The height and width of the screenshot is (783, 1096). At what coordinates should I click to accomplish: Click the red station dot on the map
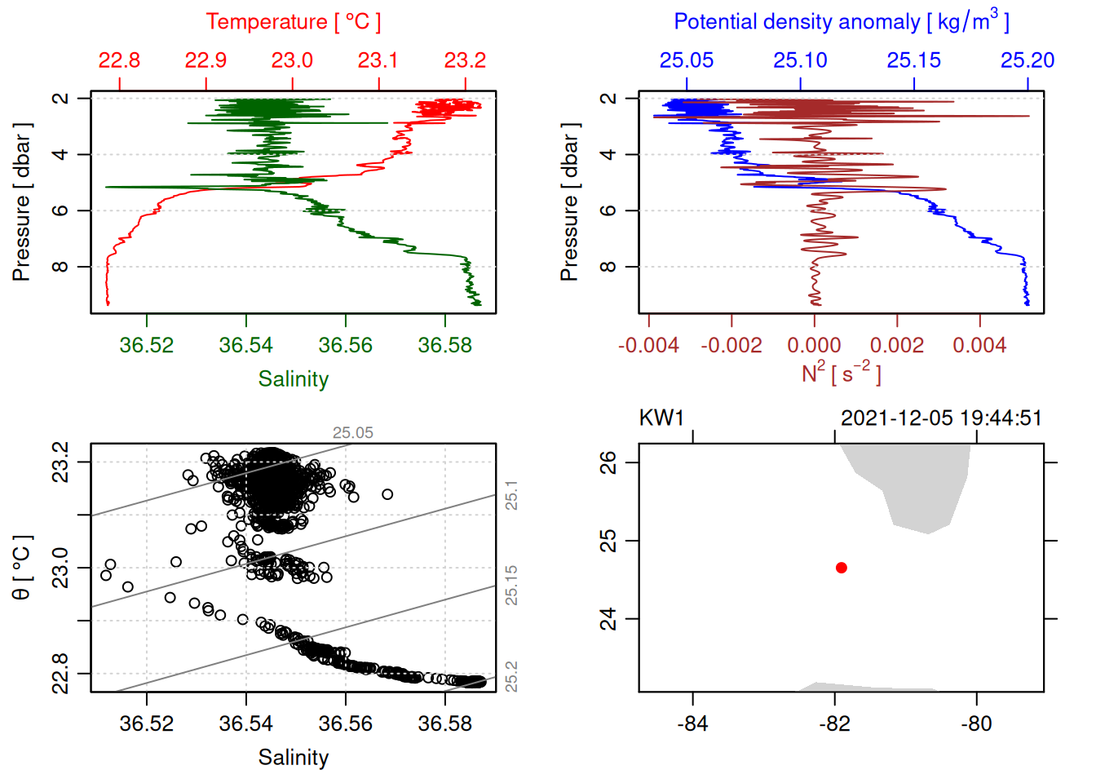[841, 568]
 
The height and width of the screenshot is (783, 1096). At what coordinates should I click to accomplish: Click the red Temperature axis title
[293, 22]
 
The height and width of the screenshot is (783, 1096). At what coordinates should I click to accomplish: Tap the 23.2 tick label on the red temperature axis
[465, 60]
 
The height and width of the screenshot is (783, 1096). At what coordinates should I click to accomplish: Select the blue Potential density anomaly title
[841, 22]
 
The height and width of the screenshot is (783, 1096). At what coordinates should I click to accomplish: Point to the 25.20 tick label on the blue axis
[1027, 60]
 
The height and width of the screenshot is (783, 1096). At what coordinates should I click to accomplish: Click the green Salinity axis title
[293, 379]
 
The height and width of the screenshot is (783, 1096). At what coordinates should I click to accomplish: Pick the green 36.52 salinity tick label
[147, 345]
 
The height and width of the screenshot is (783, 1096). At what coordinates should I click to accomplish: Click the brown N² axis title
[841, 374]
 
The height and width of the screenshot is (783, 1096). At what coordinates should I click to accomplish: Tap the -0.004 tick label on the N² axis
[648, 345]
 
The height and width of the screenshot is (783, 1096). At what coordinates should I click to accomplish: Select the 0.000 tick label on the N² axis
[814, 345]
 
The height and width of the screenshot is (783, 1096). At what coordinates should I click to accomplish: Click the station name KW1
[661, 418]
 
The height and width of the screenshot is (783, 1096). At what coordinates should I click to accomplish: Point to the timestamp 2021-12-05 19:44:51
[941, 418]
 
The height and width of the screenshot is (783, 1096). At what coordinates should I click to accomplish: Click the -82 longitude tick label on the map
[834, 723]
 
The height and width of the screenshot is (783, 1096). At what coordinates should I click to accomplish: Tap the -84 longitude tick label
[692, 723]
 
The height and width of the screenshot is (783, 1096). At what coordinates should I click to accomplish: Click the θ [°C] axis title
[22, 568]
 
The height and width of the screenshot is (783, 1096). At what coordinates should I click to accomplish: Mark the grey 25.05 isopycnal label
[352, 433]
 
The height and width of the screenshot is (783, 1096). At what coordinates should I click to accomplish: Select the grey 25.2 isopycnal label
[511, 676]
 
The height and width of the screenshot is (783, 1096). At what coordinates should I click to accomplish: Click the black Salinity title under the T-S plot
[293, 758]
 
